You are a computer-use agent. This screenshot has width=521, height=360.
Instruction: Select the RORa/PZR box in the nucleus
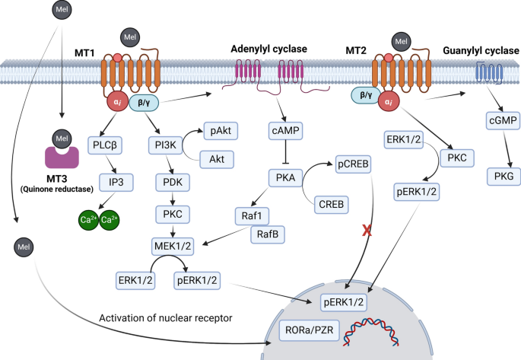[297, 332]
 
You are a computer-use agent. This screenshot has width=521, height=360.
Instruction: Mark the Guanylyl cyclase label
[478, 49]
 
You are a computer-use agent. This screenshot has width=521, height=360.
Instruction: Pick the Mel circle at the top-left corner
[63, 10]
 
